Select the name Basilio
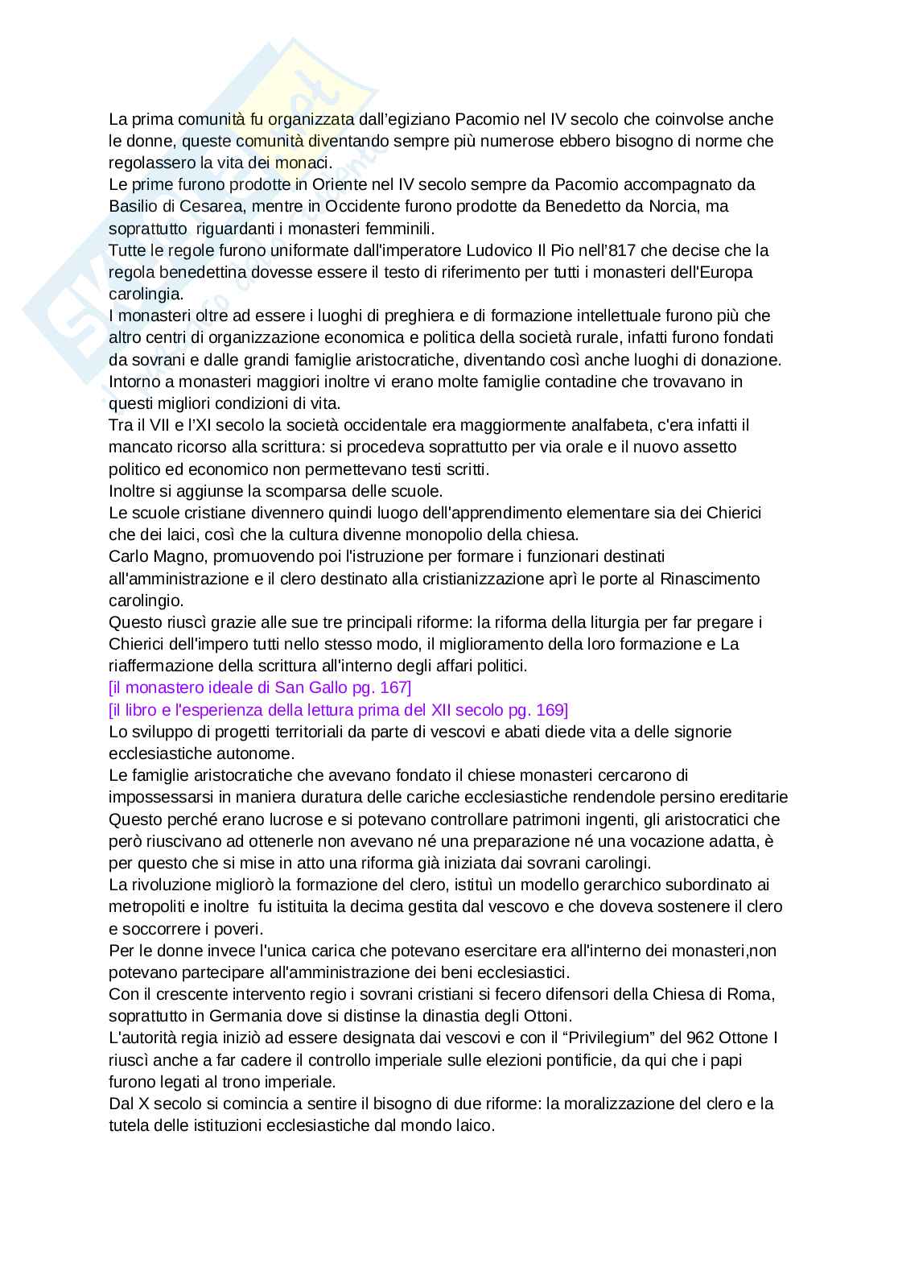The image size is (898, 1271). pyautogui.click(x=134, y=206)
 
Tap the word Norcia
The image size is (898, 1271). pyautogui.click(x=690, y=206)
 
